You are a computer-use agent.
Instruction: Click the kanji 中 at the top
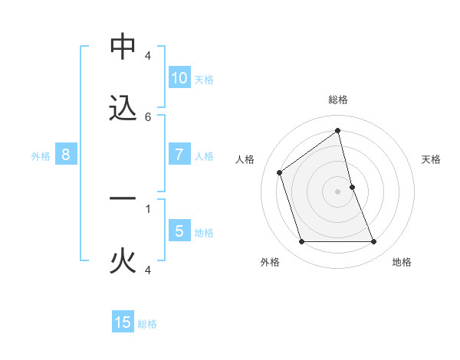(x=123, y=47)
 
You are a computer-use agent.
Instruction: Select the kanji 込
(x=123, y=109)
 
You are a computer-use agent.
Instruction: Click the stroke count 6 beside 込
(x=148, y=116)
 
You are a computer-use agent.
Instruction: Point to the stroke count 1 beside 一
(x=148, y=207)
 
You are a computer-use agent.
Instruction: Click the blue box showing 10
(x=179, y=78)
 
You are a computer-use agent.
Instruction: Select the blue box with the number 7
(x=179, y=155)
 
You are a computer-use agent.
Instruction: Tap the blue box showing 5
(x=179, y=231)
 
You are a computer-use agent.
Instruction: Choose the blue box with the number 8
(x=66, y=155)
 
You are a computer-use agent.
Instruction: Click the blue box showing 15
(x=123, y=322)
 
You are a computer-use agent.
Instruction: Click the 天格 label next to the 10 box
(x=204, y=79)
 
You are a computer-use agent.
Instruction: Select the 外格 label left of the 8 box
(x=41, y=155)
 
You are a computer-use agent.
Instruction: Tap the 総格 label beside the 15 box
(x=147, y=323)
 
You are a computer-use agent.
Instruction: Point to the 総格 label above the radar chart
(x=338, y=100)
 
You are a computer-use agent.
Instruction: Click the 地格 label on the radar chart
(x=402, y=262)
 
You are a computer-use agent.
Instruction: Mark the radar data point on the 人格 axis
(x=280, y=172)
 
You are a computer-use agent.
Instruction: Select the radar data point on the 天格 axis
(x=352, y=187)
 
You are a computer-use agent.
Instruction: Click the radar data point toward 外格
(x=301, y=242)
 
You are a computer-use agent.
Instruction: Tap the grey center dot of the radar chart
(x=338, y=191)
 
